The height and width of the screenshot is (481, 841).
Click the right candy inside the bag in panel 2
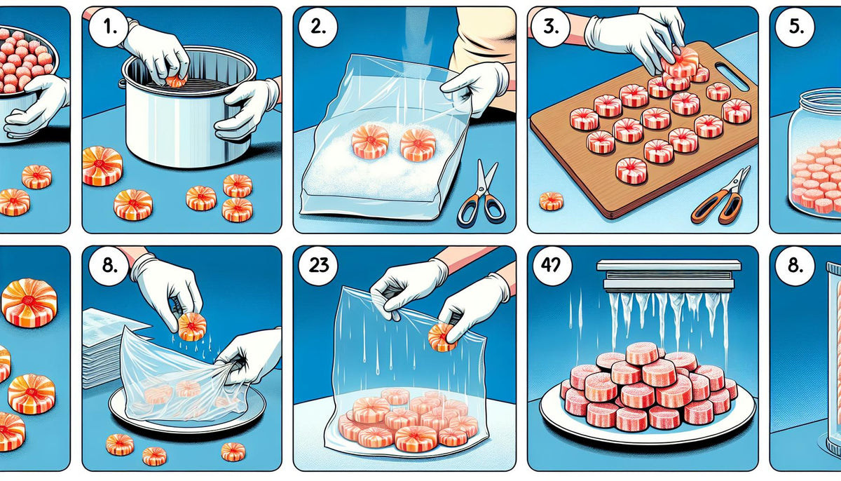click(417, 143)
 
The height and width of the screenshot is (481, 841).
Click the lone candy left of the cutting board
click(551, 201)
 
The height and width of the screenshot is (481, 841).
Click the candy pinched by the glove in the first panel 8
click(191, 326)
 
